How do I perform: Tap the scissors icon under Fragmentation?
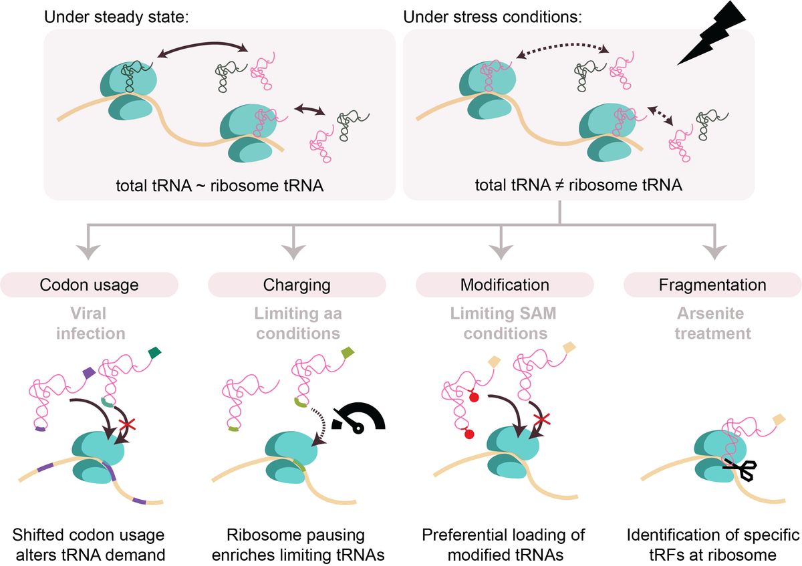click(x=740, y=469)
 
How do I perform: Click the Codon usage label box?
click(x=89, y=285)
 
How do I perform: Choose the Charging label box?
click(x=297, y=285)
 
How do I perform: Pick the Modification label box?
click(x=505, y=285)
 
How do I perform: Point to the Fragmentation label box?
click(x=712, y=285)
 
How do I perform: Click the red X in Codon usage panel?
click(x=128, y=425)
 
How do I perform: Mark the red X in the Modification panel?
click(x=542, y=419)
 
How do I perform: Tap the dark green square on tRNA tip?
click(x=154, y=352)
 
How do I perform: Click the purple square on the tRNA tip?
click(x=89, y=373)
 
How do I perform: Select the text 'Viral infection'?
click(x=91, y=323)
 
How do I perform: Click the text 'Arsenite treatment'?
click(x=712, y=323)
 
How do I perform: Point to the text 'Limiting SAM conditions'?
click(x=504, y=323)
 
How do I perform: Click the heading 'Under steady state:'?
click(x=116, y=17)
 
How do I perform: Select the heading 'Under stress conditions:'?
click(x=493, y=17)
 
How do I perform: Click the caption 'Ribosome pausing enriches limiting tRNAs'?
click(x=298, y=545)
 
